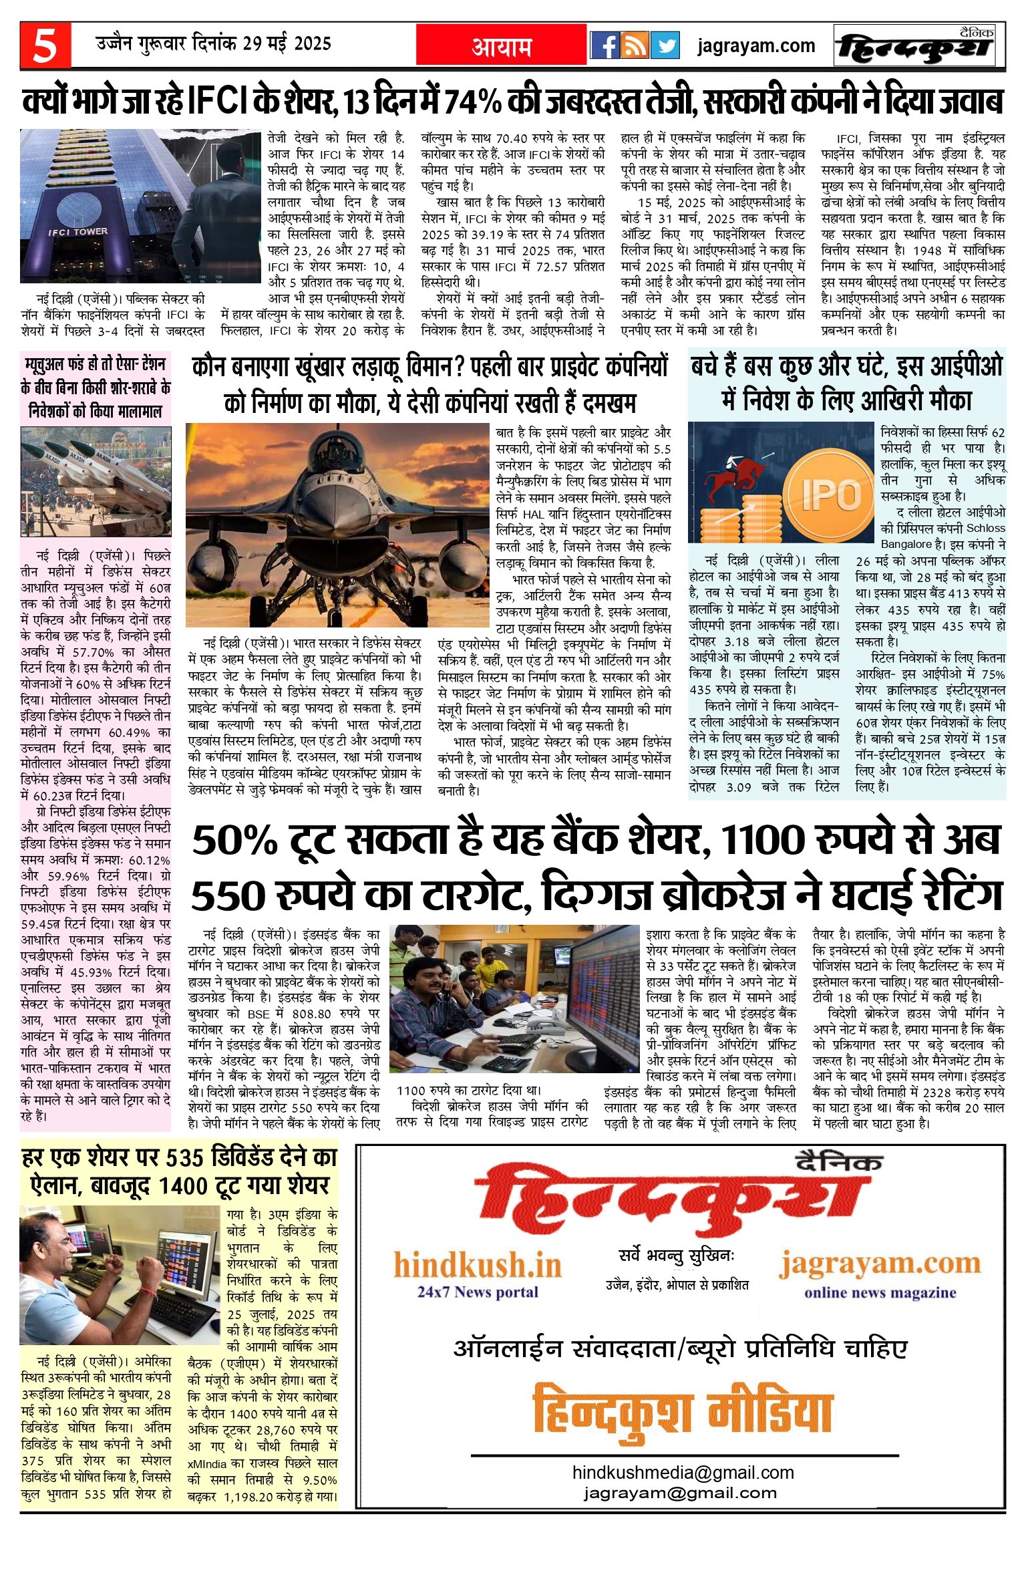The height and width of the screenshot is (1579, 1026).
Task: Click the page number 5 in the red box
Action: pyautogui.click(x=45, y=45)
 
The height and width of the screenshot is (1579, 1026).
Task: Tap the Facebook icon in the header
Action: pyautogui.click(x=605, y=45)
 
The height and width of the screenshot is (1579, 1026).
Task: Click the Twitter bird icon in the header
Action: pyautogui.click(x=665, y=45)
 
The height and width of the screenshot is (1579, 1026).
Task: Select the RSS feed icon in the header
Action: pyautogui.click(x=635, y=45)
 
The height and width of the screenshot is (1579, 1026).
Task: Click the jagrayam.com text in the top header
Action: pyautogui.click(x=755, y=46)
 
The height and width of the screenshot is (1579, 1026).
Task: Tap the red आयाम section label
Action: pyautogui.click(x=502, y=46)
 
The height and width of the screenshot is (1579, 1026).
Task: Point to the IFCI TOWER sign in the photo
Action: pyautogui.click(x=77, y=232)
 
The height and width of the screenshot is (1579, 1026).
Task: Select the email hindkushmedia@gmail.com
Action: pyautogui.click(x=683, y=1472)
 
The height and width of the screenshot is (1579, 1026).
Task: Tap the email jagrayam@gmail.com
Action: pyautogui.click(x=680, y=1493)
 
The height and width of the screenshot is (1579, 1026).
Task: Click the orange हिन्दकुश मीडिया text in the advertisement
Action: pyautogui.click(x=683, y=1410)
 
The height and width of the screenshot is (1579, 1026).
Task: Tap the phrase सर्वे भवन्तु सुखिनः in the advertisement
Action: pyautogui.click(x=676, y=1256)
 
